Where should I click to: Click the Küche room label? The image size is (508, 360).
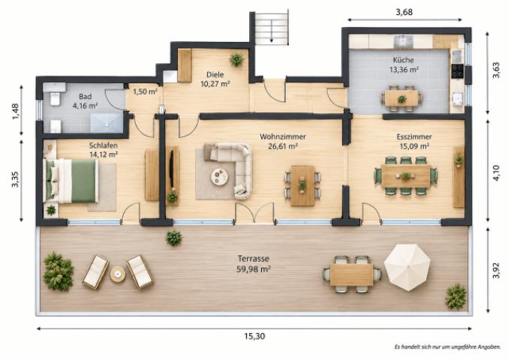pyautogui.click(x=404, y=60)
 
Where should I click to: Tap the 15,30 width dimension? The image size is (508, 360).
pyautogui.click(x=254, y=336)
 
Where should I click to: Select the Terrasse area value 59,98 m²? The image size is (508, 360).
pyautogui.click(x=254, y=269)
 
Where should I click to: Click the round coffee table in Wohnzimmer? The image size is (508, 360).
pyautogui.click(x=219, y=177)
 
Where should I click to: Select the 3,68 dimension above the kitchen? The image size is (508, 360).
pyautogui.click(x=404, y=12)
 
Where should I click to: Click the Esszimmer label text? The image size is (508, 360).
pyautogui.click(x=414, y=137)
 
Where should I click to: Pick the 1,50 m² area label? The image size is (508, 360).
pyautogui.click(x=145, y=91)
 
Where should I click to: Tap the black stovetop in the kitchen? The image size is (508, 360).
pyautogui.click(x=458, y=71)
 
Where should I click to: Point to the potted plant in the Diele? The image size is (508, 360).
pyautogui.click(x=236, y=59)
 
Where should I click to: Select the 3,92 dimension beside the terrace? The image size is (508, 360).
pyautogui.click(x=496, y=270)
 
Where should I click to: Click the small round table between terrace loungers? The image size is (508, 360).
pyautogui.click(x=118, y=274)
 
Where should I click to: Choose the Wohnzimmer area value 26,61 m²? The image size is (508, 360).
pyautogui.click(x=283, y=146)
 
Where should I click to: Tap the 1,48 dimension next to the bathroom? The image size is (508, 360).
pyautogui.click(x=16, y=111)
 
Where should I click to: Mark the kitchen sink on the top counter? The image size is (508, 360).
pyautogui.click(x=403, y=42)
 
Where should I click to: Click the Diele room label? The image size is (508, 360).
pyautogui.click(x=215, y=75)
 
